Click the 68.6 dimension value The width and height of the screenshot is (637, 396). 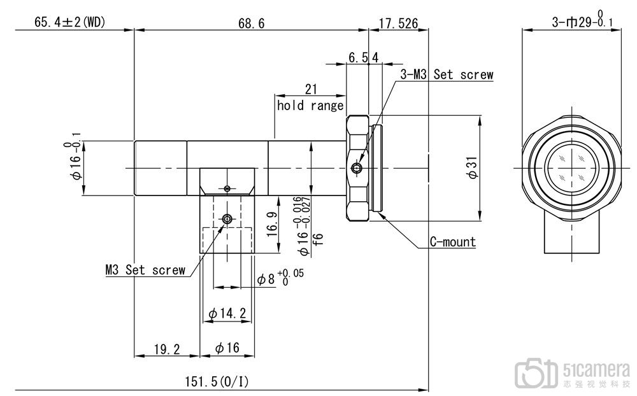click(251, 24)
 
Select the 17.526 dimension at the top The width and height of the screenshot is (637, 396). click(398, 24)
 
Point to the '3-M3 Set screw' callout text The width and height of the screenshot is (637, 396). click(447, 74)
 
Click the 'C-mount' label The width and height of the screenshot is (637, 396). click(452, 242)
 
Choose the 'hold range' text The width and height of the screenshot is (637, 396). click(310, 106)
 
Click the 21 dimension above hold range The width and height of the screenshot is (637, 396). click(311, 89)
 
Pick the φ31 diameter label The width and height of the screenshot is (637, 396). click(474, 167)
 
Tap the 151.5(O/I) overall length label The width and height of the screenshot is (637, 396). click(217, 382)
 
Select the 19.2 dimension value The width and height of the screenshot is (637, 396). click(166, 349)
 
